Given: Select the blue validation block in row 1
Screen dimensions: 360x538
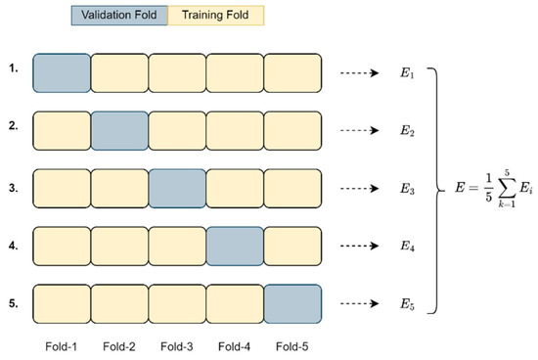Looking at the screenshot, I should click(x=62, y=72).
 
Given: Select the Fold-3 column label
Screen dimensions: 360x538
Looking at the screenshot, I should click(x=177, y=344).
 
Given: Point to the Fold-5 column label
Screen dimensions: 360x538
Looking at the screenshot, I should click(x=292, y=344).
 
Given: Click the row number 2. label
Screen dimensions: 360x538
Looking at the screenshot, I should click(x=15, y=128).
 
